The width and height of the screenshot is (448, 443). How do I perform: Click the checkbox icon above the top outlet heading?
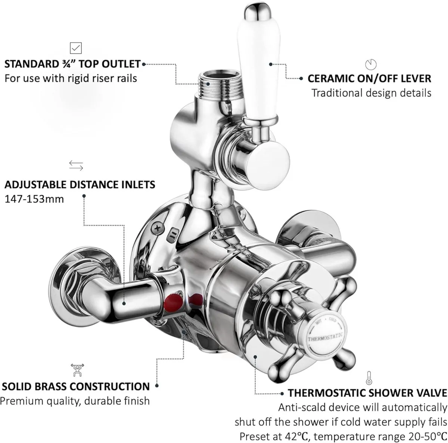coord(76,48)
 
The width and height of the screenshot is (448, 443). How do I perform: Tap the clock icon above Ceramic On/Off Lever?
coord(371,65)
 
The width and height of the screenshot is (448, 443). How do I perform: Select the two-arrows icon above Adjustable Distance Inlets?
coord(76,166)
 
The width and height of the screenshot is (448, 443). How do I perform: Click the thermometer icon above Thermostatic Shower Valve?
coord(369,378)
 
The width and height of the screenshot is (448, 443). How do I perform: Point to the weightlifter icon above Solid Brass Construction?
coord(77,370)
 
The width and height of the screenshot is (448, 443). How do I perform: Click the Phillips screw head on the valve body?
coord(158,228)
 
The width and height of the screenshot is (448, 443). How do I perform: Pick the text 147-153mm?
coord(34,199)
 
